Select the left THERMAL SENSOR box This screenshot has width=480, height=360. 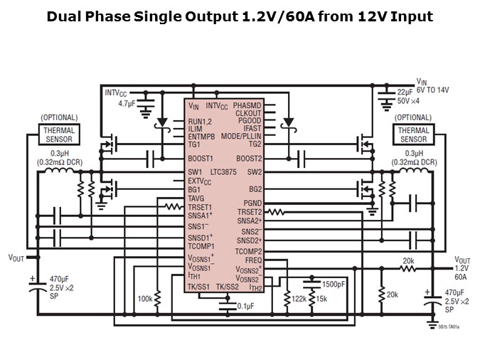[x=58, y=134]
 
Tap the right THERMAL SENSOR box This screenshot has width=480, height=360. [x=413, y=134]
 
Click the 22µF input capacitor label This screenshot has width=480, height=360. [x=405, y=92]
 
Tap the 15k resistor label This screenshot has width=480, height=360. [x=321, y=300]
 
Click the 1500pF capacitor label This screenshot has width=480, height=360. [x=333, y=284]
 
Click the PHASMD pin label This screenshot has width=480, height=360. [x=247, y=105]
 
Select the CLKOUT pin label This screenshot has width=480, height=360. [x=248, y=113]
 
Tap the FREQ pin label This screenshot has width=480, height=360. [x=254, y=260]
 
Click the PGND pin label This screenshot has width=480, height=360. [x=252, y=203]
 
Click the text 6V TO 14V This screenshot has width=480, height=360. [x=433, y=90]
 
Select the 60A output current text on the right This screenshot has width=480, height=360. [x=460, y=277]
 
